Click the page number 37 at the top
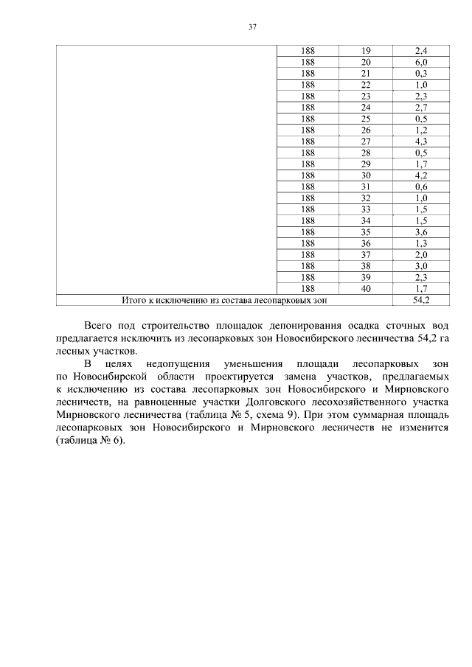coord(252,27)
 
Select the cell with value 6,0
coord(421,63)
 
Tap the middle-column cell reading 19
coord(367,51)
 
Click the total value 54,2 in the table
coord(421,300)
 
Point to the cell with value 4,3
coord(421,142)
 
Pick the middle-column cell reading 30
coord(367,175)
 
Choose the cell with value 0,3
coord(421,74)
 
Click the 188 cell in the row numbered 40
coord(308,288)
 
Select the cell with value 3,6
coord(421,232)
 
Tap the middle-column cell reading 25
coord(367,119)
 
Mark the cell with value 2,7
coord(421,108)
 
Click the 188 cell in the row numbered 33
coord(308,209)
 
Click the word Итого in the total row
coord(135,300)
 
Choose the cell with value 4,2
coord(421,175)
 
